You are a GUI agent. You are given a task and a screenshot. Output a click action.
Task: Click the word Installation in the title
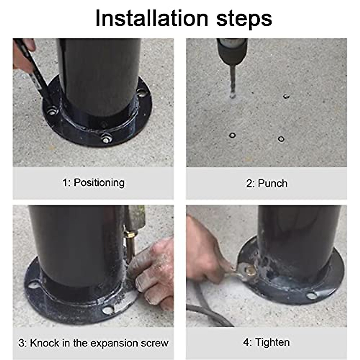[152, 19]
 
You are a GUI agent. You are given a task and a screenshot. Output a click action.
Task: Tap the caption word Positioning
[99, 182]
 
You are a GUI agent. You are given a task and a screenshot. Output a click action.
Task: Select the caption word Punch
[273, 183]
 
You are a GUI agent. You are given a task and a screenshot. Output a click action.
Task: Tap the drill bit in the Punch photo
[233, 80]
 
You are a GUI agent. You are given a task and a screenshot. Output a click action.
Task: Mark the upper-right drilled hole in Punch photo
[286, 96]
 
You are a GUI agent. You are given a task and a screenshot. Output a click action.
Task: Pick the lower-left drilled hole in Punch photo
[232, 135]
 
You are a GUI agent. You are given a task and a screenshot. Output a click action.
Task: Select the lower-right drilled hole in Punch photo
[281, 139]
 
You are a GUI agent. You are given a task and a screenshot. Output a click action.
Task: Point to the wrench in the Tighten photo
[241, 271]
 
